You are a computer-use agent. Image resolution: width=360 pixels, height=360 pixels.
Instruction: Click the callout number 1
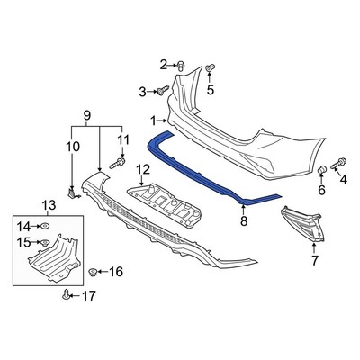tap(154, 119)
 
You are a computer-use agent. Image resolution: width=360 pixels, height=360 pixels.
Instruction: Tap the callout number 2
tap(164, 63)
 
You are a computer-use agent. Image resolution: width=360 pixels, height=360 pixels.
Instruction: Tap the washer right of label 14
tap(44, 224)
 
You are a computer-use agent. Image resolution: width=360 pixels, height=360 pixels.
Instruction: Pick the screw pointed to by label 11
tap(116, 164)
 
